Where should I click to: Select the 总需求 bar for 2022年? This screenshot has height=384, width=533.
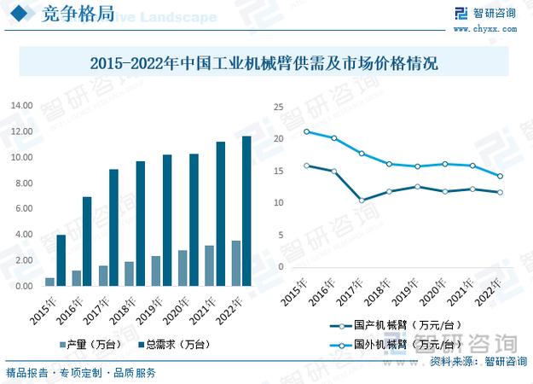point(246,211)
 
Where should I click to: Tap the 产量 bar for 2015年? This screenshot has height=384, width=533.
point(49,282)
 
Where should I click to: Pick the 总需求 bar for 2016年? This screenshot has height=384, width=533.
point(87,241)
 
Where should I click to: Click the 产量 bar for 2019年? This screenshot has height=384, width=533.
point(155,271)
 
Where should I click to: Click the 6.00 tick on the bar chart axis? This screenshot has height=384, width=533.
point(23,208)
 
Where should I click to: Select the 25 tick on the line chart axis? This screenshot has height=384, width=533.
point(278,107)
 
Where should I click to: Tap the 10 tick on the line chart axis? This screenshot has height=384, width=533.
point(278,202)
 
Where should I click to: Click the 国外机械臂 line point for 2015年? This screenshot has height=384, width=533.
point(305,131)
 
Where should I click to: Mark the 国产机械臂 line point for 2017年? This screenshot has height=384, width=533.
point(362,201)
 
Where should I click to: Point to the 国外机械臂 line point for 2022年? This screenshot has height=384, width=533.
point(500,177)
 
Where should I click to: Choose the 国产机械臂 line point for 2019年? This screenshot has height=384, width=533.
point(417,186)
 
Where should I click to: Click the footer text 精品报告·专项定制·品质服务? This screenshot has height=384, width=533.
point(81,373)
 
